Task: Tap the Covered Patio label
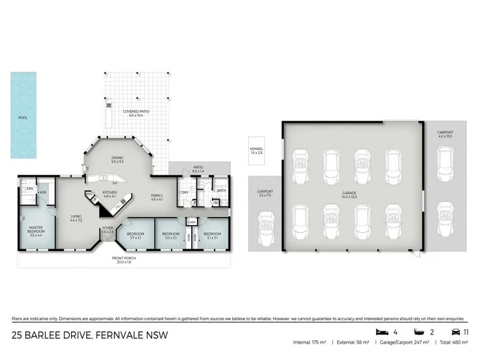click(x=136, y=113)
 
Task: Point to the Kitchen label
click(x=110, y=194)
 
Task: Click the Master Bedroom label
click(x=36, y=230)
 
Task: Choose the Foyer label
click(x=108, y=230)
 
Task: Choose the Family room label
click(x=157, y=197)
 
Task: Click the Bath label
click(x=221, y=191)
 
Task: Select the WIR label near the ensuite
click(x=42, y=192)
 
